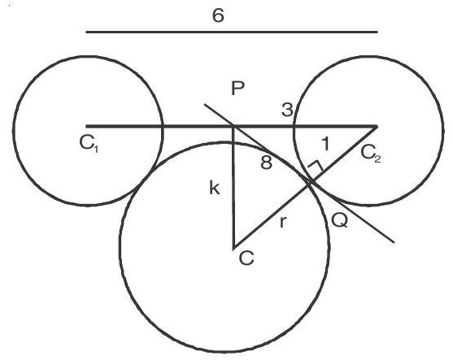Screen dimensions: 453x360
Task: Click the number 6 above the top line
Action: click(218, 15)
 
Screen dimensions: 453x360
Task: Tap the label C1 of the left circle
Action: click(89, 144)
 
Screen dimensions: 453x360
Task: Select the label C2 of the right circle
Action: click(371, 154)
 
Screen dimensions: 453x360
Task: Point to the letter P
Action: click(238, 89)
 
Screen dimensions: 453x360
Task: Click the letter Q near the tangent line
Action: click(340, 221)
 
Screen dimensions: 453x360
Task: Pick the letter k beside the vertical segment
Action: click(215, 189)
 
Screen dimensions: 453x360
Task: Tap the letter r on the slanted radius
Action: click(283, 223)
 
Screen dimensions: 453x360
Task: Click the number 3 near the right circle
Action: click(287, 110)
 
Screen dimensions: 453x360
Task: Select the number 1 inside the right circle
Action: click(325, 144)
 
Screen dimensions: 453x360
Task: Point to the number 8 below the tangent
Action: click(266, 163)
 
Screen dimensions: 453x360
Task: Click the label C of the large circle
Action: click(246, 258)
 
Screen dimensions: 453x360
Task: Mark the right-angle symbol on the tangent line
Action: click(316, 166)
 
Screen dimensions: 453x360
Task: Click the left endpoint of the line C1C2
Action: click(86, 126)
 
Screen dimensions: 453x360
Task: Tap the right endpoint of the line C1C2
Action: click(377, 126)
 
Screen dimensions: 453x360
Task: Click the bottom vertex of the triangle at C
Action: click(233, 248)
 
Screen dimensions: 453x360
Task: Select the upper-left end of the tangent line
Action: click(205, 104)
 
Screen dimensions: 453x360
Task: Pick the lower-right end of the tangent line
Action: click(394, 242)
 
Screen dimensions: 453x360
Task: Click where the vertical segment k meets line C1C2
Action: click(233, 126)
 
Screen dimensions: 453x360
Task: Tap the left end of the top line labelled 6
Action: click(86, 32)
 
